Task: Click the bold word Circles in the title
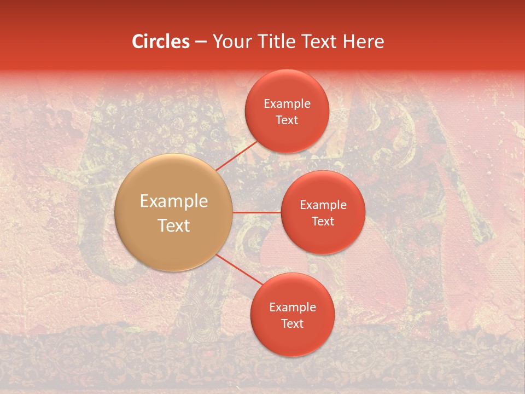160,42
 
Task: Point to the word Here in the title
363,42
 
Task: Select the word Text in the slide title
318,42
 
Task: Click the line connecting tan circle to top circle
236,155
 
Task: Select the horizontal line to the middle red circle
256,212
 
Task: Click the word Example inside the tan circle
173,201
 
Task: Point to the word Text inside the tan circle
173,225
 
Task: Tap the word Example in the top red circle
287,104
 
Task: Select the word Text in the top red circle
287,120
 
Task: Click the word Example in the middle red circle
323,205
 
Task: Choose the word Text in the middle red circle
323,222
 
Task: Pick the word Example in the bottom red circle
292,308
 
